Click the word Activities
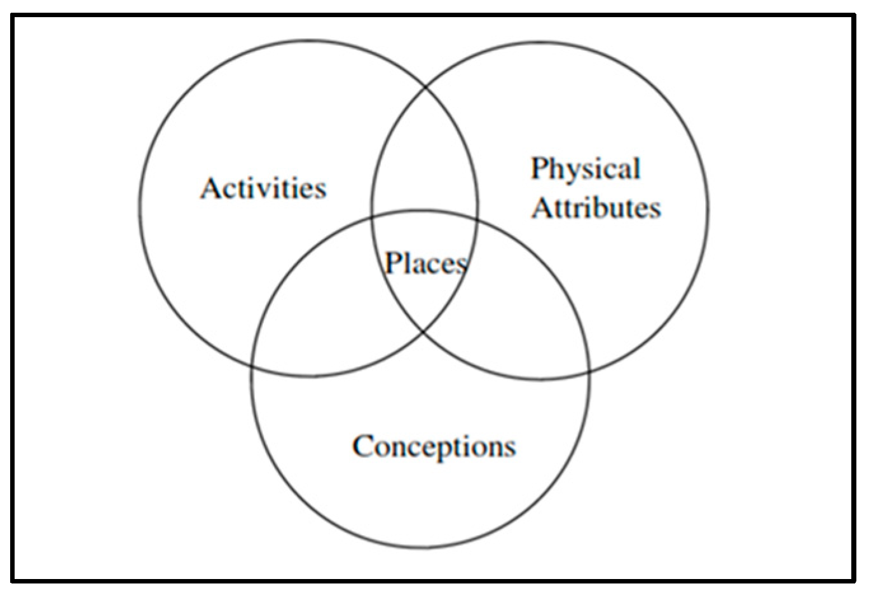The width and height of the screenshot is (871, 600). point(263,188)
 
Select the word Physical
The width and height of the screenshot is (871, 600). point(586,170)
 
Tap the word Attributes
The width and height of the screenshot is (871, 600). point(596,208)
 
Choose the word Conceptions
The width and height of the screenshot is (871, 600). point(434,446)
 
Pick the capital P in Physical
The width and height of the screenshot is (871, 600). point(540,168)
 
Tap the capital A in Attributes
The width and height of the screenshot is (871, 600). point(542,208)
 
